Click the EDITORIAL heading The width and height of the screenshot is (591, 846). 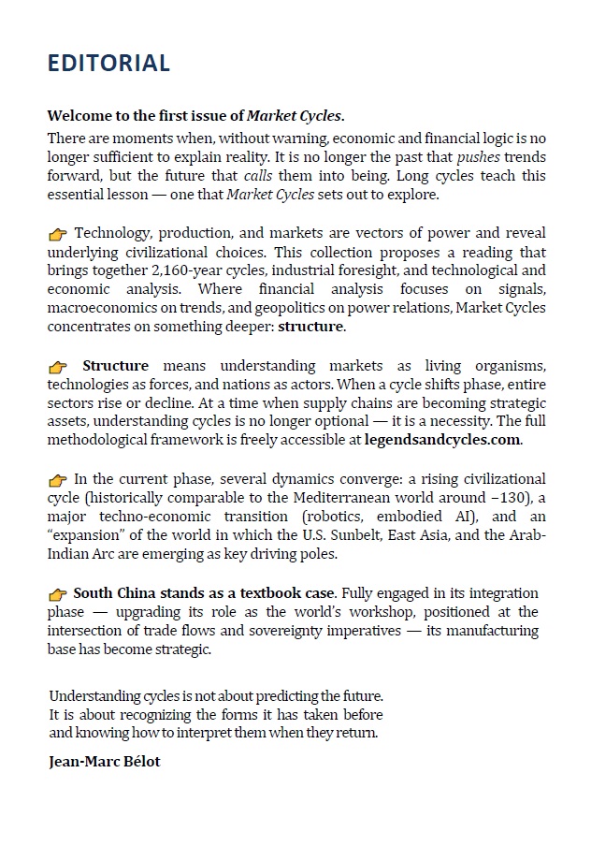[108, 63]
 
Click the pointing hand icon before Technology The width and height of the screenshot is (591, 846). [58, 234]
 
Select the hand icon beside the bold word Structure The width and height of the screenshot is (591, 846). [58, 367]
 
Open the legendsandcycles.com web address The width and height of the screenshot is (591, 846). [442, 441]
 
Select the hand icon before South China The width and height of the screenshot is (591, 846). [58, 594]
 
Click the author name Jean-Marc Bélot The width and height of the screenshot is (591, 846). [104, 761]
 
